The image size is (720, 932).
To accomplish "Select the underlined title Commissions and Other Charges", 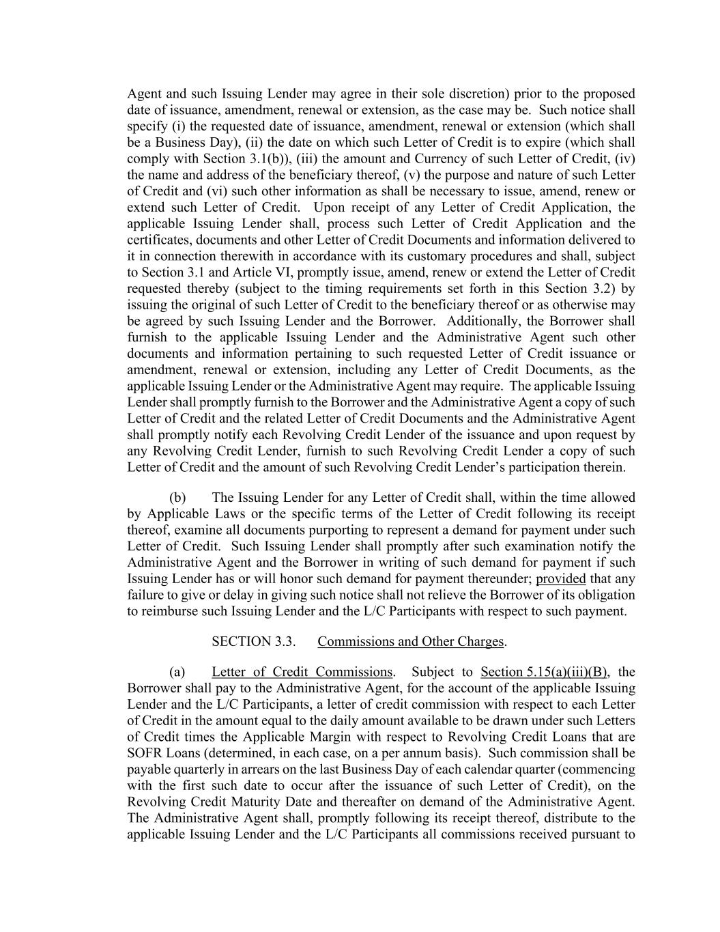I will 411,642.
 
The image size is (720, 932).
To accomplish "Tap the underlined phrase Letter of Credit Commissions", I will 302,672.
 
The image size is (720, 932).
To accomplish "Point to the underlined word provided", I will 561,579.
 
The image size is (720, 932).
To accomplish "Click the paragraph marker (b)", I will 177,498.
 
